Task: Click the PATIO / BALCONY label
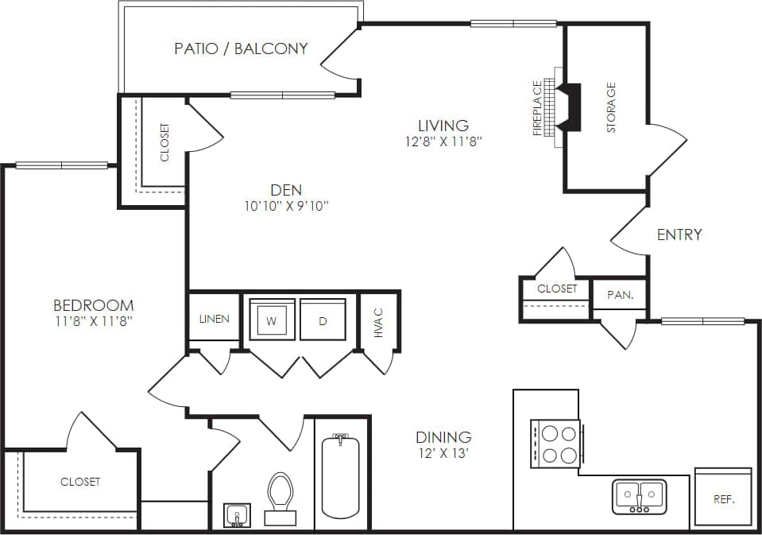pyautogui.click(x=241, y=48)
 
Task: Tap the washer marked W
pyautogui.click(x=272, y=320)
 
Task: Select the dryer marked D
pyautogui.click(x=323, y=320)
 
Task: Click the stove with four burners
pyautogui.click(x=555, y=443)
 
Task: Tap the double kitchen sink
pyautogui.click(x=640, y=496)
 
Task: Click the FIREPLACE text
pyautogui.click(x=538, y=108)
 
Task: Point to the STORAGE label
pyautogui.click(x=611, y=107)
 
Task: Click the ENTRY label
pyautogui.click(x=679, y=235)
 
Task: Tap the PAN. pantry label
pyautogui.click(x=620, y=294)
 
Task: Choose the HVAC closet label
pyautogui.click(x=378, y=321)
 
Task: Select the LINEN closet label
pyautogui.click(x=214, y=319)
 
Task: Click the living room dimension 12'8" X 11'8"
pyautogui.click(x=443, y=142)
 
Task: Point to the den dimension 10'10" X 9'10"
pyautogui.click(x=286, y=206)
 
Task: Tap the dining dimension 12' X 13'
pyautogui.click(x=443, y=454)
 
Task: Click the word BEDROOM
pyautogui.click(x=93, y=305)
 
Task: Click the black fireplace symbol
pyautogui.click(x=571, y=107)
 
